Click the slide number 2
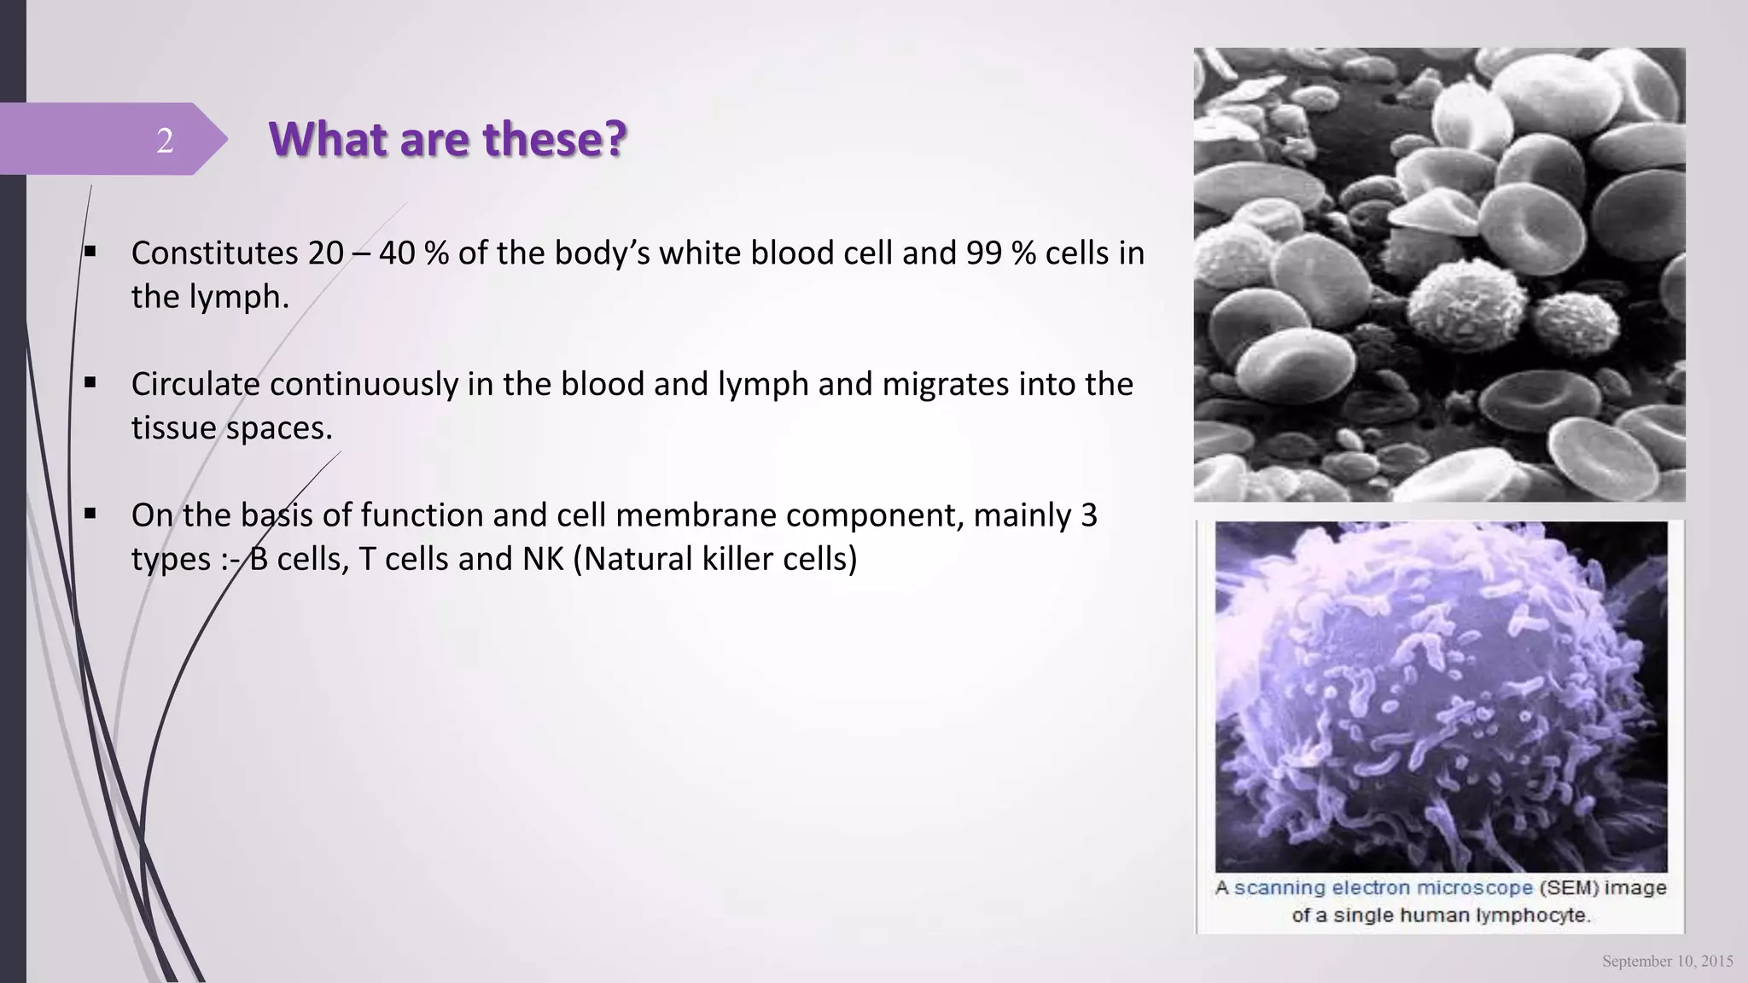click(x=165, y=140)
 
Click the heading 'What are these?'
click(x=447, y=138)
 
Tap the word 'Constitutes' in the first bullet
click(x=214, y=253)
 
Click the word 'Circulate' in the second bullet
click(x=195, y=385)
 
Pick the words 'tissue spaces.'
click(x=231, y=428)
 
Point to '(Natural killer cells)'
click(x=715, y=559)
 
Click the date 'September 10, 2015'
click(x=1667, y=962)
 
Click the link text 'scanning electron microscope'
click(x=1383, y=888)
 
